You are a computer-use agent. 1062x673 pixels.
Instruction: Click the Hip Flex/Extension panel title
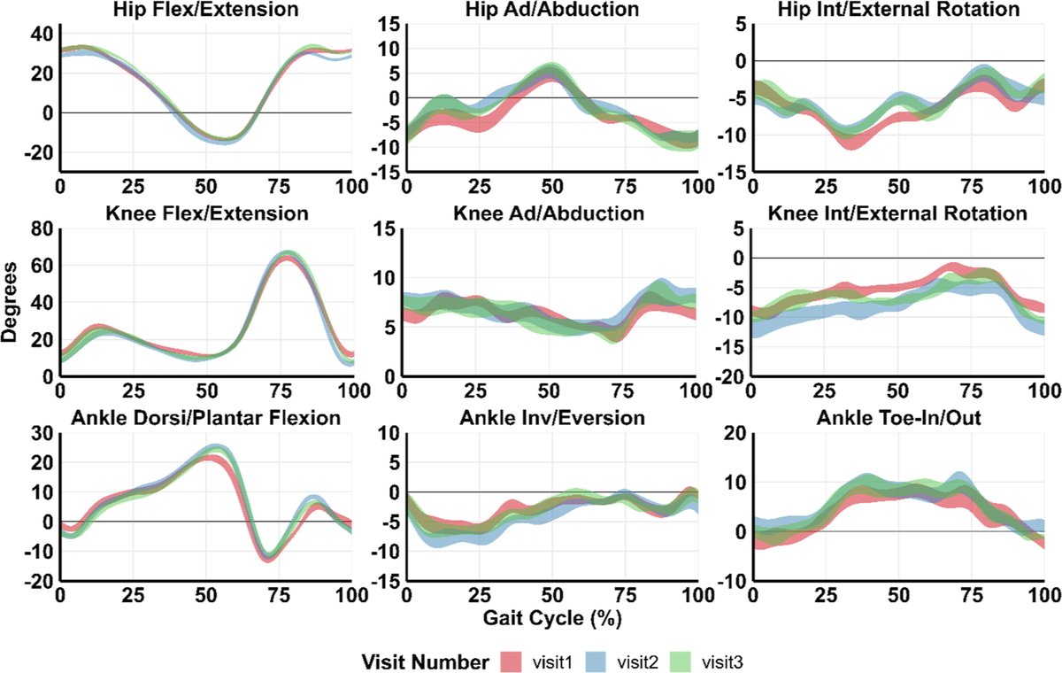205,10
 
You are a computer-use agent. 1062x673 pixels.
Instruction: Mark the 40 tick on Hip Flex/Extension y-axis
42,34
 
